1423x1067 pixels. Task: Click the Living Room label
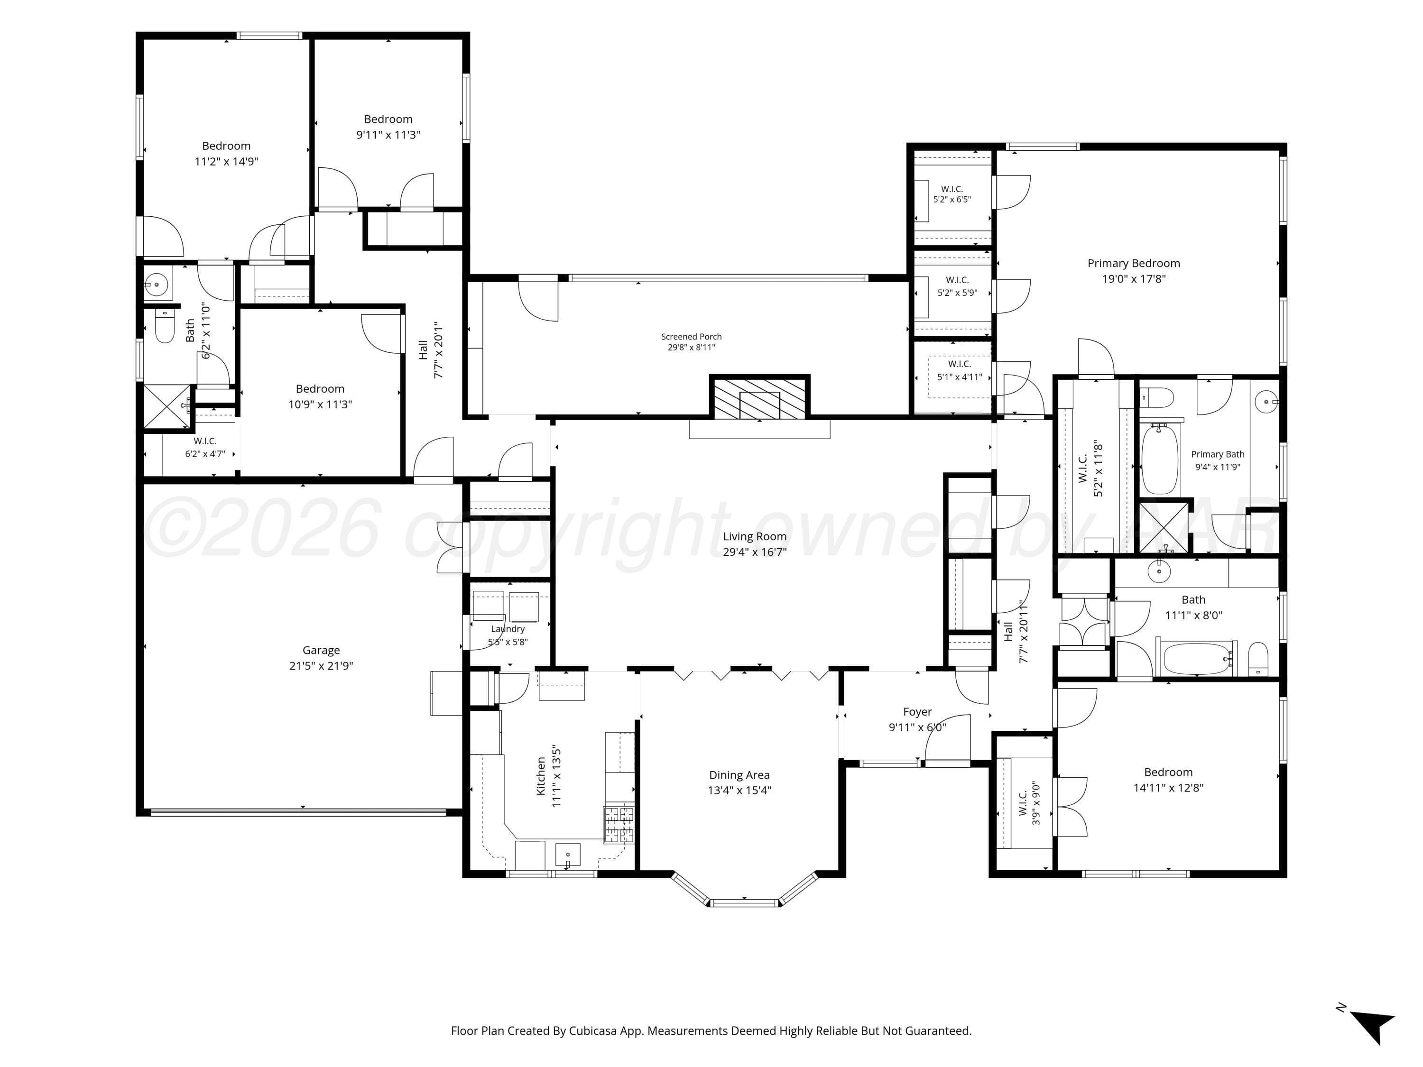click(755, 536)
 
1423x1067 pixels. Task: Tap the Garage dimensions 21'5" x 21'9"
click(321, 666)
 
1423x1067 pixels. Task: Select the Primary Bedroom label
click(1134, 264)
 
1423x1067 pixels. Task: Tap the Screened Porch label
click(692, 336)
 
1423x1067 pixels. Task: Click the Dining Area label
click(739, 775)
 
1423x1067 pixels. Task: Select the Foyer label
click(917, 712)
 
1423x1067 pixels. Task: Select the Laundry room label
click(508, 629)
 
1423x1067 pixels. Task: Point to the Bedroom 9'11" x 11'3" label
click(388, 127)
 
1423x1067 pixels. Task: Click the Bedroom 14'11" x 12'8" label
click(1168, 780)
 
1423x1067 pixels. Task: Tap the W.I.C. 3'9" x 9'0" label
click(1029, 803)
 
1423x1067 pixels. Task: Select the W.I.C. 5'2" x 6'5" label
click(952, 194)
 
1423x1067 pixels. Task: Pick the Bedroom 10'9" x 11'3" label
click(320, 396)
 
